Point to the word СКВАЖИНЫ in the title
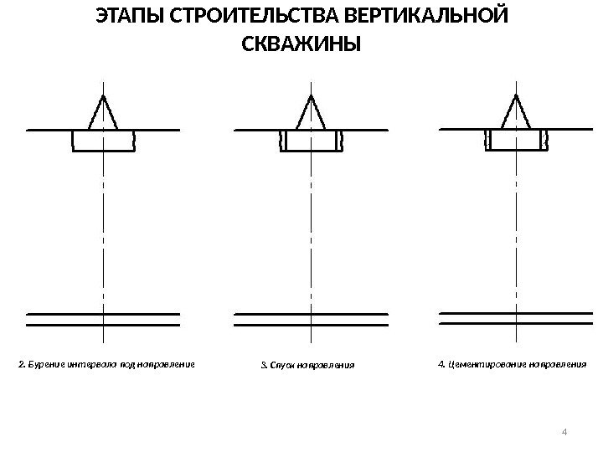pyautogui.click(x=301, y=43)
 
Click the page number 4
pyautogui.click(x=564, y=432)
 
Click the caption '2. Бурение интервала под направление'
pyautogui.click(x=106, y=365)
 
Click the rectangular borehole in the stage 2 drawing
pyautogui.click(x=103, y=141)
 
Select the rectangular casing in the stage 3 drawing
pyautogui.click(x=311, y=141)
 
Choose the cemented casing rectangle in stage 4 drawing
pyautogui.click(x=516, y=140)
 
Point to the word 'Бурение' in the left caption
pyautogui.click(x=43, y=365)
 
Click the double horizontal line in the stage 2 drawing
pyautogui.click(x=103, y=319)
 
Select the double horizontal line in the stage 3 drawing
pyautogui.click(x=311, y=319)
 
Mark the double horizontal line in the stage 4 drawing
pyautogui.click(x=516, y=317)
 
